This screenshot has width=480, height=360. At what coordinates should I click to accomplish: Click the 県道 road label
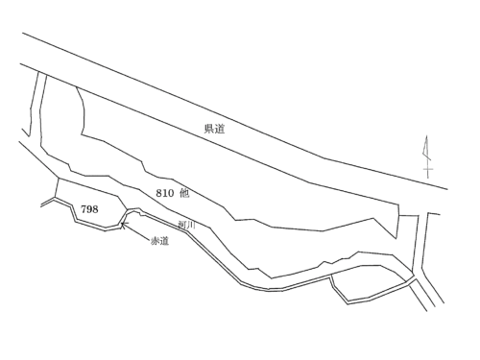(x=214, y=129)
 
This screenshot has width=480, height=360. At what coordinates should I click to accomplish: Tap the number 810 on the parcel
(x=165, y=193)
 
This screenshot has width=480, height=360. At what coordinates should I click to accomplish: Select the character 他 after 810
(x=184, y=193)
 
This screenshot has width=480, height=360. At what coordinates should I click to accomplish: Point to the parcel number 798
(x=89, y=209)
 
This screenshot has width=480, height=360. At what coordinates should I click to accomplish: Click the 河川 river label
(x=186, y=225)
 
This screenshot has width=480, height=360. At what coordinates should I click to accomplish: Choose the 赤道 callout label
(x=159, y=241)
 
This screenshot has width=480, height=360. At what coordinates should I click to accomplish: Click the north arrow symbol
(x=427, y=156)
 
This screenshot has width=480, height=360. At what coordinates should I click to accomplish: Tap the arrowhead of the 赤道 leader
(x=124, y=225)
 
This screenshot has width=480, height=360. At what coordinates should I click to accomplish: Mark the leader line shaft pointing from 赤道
(x=135, y=231)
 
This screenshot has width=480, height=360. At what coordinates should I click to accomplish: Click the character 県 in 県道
(x=209, y=129)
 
